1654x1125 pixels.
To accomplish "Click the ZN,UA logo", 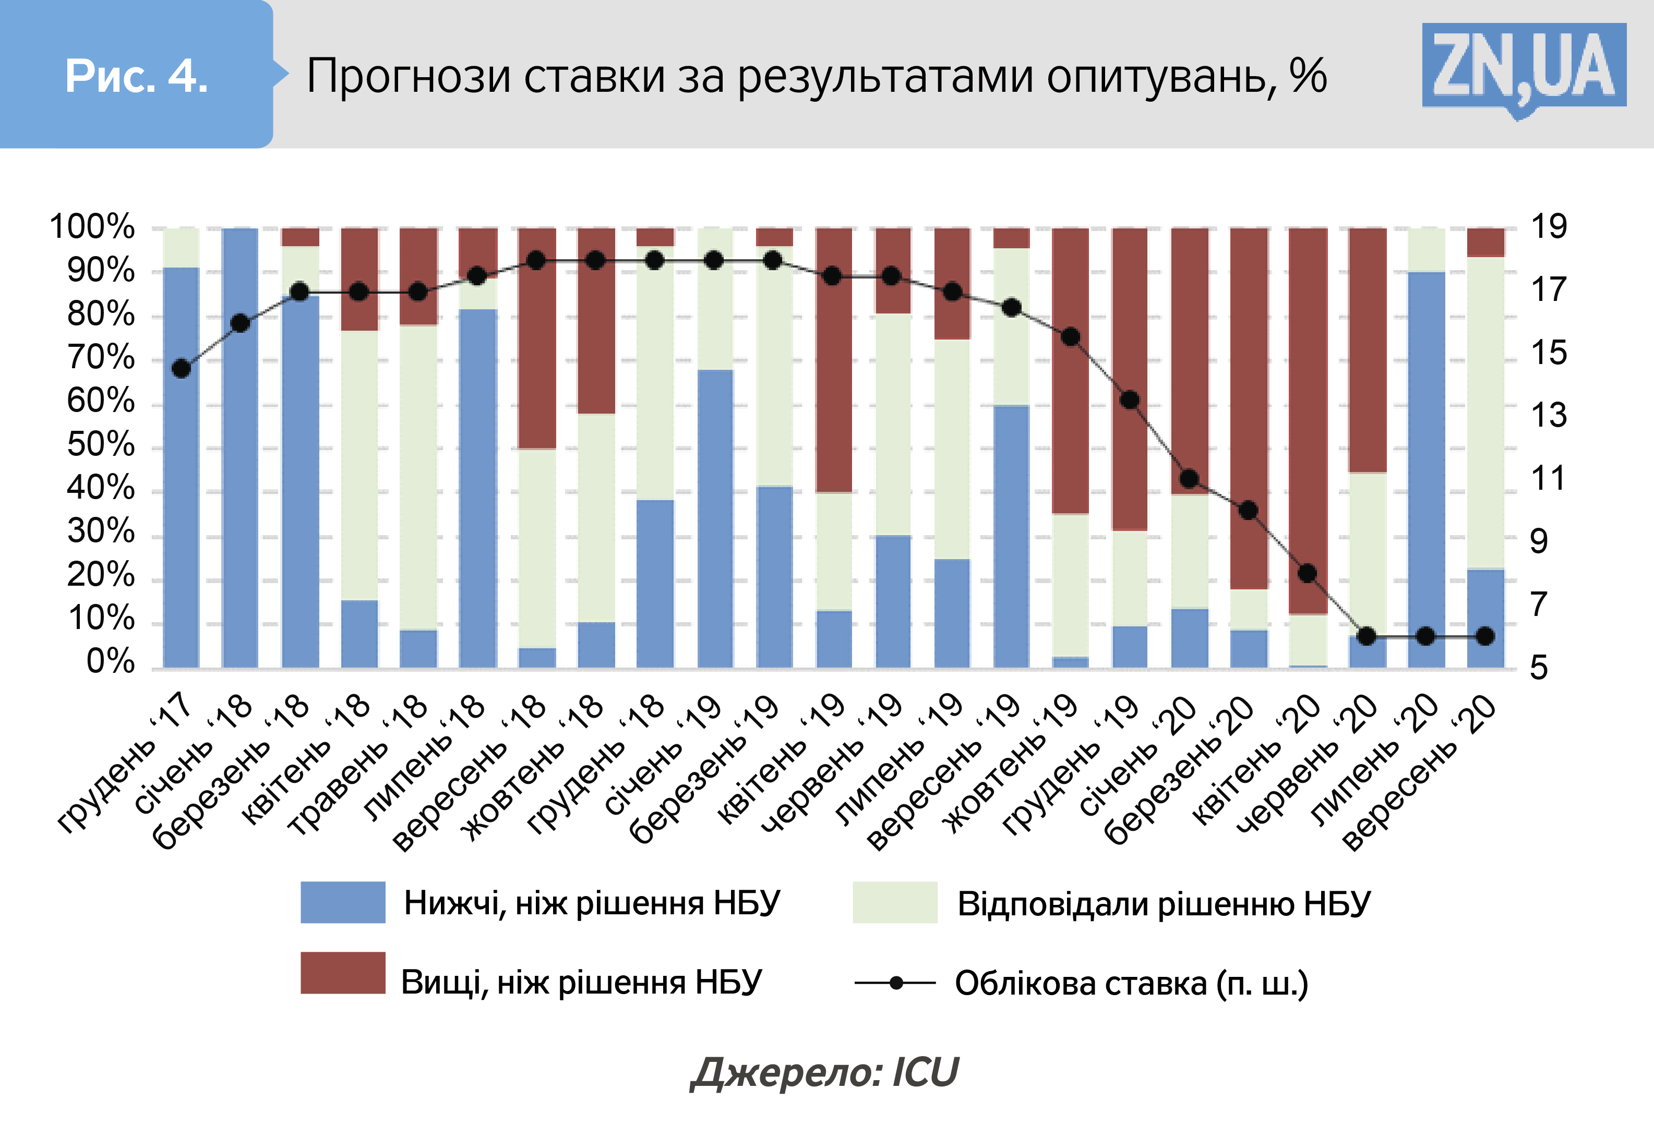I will (1523, 68).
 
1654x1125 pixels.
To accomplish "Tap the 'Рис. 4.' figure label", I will (136, 76).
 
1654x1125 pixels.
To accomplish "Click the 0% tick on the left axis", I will (110, 662).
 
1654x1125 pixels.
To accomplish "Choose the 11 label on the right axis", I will (1549, 478).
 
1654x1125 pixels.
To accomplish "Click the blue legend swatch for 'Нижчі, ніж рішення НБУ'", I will (342, 902).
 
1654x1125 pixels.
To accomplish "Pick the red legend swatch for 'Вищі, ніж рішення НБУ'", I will (342, 972).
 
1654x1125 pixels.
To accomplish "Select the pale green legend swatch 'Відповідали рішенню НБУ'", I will (895, 902).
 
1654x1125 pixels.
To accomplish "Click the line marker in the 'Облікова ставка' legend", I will (896, 983).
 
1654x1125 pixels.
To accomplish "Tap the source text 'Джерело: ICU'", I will (825, 1072).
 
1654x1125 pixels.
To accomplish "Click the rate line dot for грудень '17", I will (182, 369).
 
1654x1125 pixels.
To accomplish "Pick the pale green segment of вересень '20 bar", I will (1485, 413).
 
